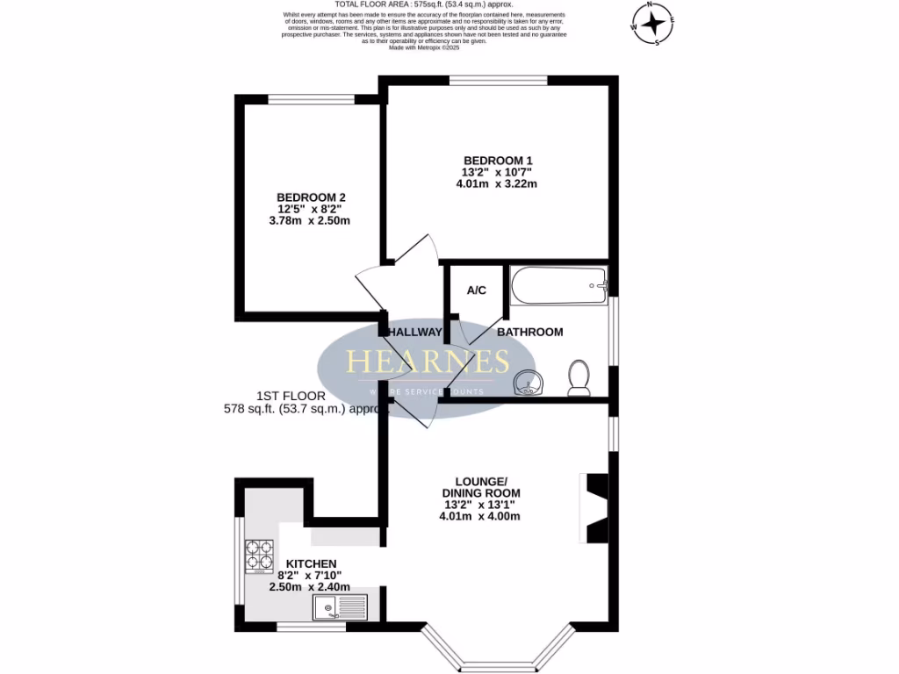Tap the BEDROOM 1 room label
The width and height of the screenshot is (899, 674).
click(x=498, y=160)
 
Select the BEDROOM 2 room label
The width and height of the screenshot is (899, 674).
click(x=311, y=197)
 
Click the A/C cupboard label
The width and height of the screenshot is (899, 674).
click(x=477, y=290)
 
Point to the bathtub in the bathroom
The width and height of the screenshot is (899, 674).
click(x=557, y=285)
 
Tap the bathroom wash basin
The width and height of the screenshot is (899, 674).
click(x=528, y=383)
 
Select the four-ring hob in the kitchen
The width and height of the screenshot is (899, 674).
click(x=259, y=554)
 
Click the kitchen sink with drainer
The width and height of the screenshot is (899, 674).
click(x=341, y=606)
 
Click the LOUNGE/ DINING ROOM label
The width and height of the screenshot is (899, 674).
click(x=480, y=487)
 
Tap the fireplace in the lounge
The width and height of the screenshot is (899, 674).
click(x=595, y=508)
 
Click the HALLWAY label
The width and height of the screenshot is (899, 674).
click(x=415, y=332)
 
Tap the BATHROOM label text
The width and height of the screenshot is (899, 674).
click(x=529, y=332)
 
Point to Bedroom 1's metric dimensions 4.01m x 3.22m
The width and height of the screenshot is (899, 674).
click(x=496, y=184)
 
